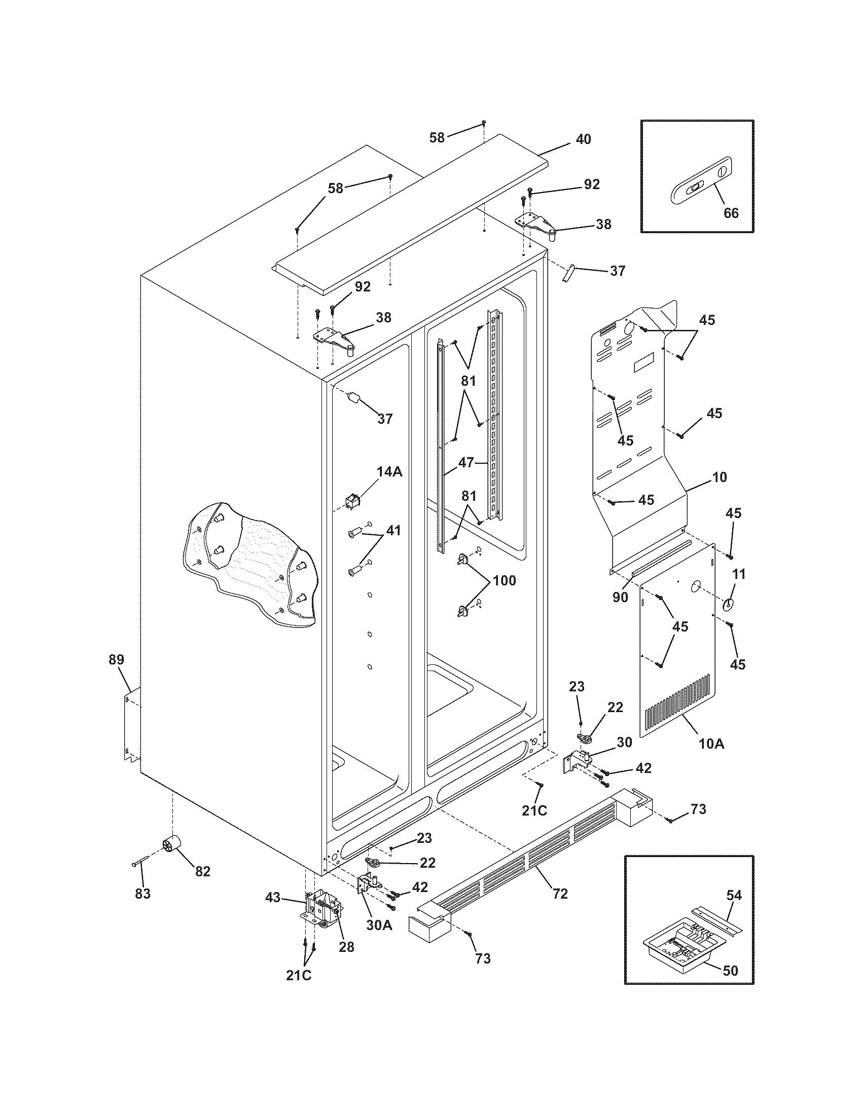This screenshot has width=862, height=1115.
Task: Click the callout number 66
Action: (731, 212)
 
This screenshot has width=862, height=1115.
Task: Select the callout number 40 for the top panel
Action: (583, 139)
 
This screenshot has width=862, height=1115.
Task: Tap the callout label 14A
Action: (389, 472)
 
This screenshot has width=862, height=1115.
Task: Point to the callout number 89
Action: (116, 659)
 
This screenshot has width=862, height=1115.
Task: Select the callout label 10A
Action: (711, 744)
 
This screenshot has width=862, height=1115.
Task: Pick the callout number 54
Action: (734, 895)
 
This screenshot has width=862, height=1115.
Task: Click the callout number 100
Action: (504, 580)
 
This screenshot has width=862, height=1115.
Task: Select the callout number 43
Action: (273, 897)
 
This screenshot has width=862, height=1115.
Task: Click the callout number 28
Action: (346, 946)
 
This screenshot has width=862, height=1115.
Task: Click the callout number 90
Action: (620, 597)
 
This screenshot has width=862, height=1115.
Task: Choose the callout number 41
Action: (392, 531)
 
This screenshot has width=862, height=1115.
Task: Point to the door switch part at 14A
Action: (351, 503)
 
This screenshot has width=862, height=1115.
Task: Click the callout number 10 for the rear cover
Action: (719, 477)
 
